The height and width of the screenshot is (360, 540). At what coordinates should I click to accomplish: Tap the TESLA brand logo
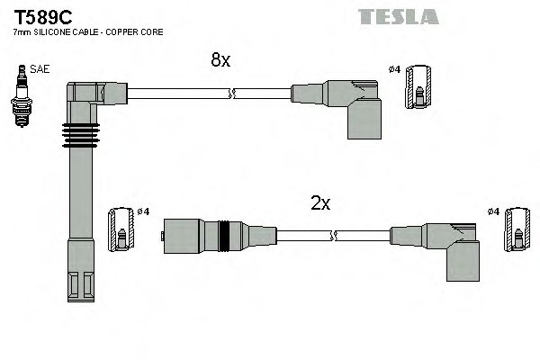click(x=398, y=16)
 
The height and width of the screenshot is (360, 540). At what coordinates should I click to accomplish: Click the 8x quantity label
click(x=220, y=60)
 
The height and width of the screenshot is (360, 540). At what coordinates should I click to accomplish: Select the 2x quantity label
click(x=320, y=203)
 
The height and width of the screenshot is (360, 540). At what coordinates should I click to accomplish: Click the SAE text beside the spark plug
click(x=40, y=69)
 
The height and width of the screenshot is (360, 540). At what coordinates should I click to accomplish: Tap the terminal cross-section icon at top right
click(x=419, y=87)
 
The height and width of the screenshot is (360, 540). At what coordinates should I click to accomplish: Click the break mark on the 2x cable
click(x=333, y=236)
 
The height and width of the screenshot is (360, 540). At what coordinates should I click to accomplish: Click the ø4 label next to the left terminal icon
click(x=142, y=211)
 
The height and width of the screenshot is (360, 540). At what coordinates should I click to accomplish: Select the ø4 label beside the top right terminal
click(x=393, y=69)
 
